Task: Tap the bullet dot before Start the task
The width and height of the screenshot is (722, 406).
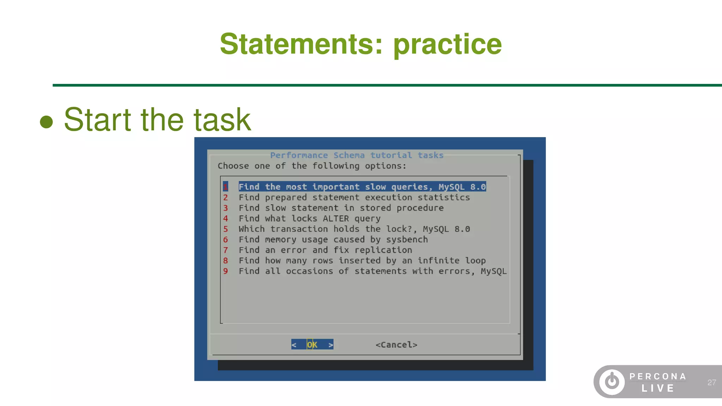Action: pos(46,122)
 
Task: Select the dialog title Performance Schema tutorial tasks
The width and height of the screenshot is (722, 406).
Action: pos(356,155)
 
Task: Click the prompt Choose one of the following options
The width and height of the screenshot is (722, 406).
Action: pos(312,166)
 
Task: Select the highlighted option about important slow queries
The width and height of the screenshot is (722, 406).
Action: pos(362,187)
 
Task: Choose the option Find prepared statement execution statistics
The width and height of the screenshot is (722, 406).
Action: pos(354,197)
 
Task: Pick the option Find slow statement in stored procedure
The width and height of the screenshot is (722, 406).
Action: pos(341,208)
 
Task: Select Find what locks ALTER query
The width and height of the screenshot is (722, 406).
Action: pos(309,219)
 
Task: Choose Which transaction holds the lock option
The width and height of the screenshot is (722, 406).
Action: pos(354,229)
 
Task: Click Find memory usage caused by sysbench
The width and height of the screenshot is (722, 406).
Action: pos(333,240)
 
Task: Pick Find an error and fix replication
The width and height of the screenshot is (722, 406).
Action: pos(325,250)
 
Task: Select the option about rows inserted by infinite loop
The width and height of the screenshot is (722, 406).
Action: pos(362,261)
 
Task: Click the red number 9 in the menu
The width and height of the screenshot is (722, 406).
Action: pos(226,271)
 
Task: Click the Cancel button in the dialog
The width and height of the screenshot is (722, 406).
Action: pos(396,345)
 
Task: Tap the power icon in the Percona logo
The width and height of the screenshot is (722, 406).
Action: pos(612,381)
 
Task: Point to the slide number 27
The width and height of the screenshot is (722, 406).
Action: pos(711,382)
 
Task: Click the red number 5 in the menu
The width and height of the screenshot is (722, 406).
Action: pos(226,229)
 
